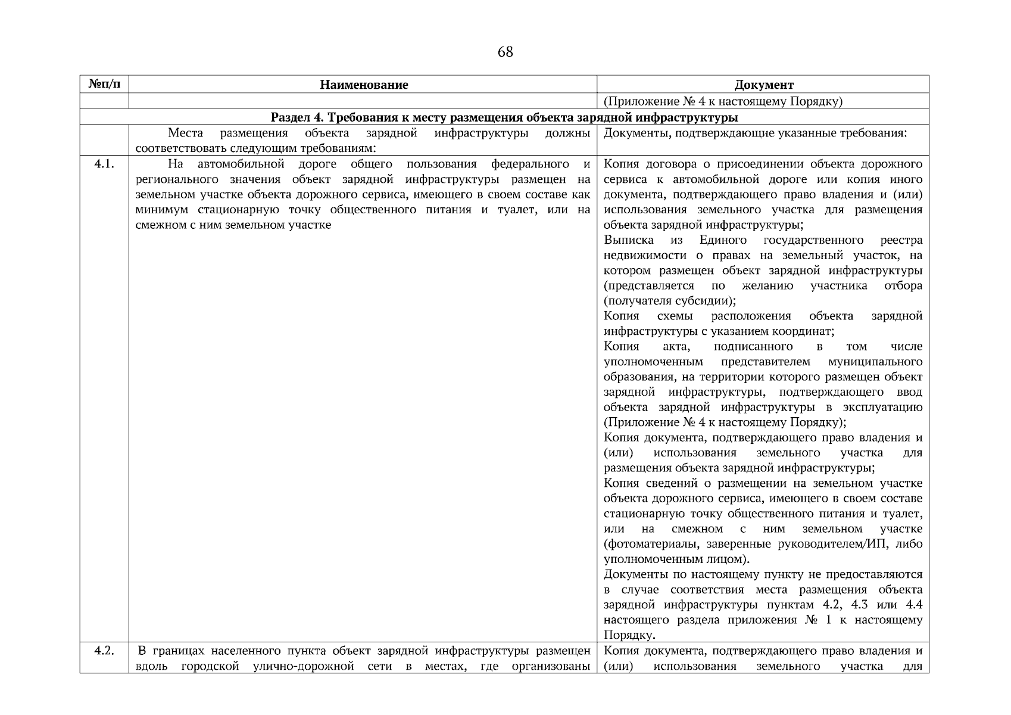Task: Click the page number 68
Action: point(505,52)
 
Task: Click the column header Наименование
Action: point(364,85)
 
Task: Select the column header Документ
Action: point(764,85)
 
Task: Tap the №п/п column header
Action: point(104,84)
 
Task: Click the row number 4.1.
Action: point(104,164)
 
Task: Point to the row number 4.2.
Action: point(104,651)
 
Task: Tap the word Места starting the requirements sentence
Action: point(185,132)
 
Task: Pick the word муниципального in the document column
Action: point(875,362)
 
